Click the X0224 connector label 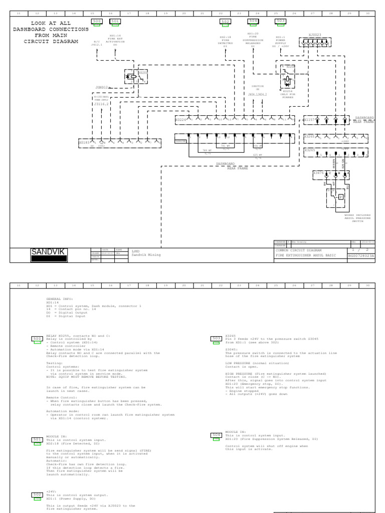[x=180, y=120]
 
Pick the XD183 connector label [x=84, y=143]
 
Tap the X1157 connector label [x=309, y=120]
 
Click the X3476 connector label [x=318, y=173]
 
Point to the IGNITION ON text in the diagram [x=258, y=87]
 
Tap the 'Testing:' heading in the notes [x=54, y=363]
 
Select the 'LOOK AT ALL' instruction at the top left [x=51, y=23]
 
